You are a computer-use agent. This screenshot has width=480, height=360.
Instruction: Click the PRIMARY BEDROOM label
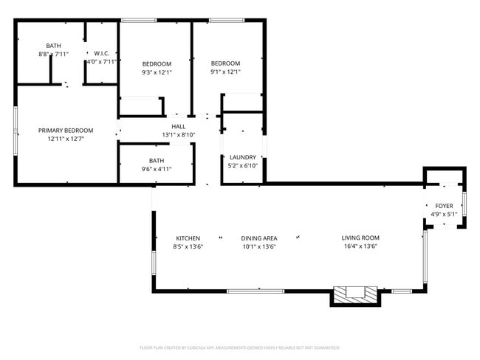click(66, 130)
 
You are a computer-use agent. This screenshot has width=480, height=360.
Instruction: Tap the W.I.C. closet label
click(102, 53)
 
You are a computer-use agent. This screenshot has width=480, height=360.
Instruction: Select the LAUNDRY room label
click(243, 157)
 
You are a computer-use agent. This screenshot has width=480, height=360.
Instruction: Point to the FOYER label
click(444, 206)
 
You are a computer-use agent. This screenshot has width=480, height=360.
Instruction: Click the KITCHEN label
click(188, 238)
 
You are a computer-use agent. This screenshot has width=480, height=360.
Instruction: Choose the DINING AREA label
click(258, 238)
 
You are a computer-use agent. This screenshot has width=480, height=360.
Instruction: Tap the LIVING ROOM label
click(360, 238)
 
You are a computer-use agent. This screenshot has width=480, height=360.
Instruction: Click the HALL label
click(178, 126)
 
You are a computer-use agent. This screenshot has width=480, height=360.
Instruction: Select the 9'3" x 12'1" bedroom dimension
click(157, 72)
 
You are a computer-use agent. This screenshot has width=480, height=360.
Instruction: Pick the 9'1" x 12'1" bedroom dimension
click(225, 72)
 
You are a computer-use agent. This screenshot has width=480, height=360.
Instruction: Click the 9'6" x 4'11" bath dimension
click(157, 169)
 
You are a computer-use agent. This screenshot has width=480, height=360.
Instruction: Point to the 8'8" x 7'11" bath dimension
click(53, 55)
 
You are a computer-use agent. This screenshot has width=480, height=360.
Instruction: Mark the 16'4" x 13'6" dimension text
click(360, 247)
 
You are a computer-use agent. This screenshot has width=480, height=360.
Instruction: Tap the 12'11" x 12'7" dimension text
click(66, 139)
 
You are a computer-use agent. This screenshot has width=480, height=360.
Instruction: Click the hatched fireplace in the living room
click(355, 295)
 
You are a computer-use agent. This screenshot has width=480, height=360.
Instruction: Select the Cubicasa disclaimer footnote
click(239, 347)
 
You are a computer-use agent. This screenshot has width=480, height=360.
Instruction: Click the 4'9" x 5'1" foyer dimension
click(444, 215)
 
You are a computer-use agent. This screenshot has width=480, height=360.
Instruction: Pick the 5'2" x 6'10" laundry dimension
click(243, 166)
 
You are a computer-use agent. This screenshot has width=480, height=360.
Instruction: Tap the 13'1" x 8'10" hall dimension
click(178, 135)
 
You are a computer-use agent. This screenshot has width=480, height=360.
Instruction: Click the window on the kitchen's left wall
click(154, 263)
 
